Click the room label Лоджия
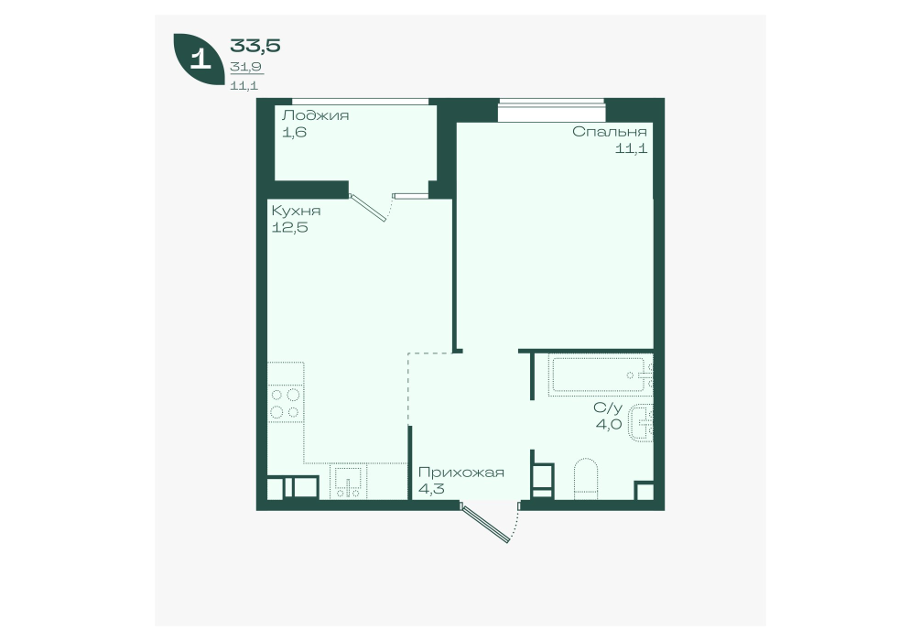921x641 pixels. pyautogui.click(x=316, y=115)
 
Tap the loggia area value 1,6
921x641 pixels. pyautogui.click(x=294, y=132)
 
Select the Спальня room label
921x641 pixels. pyautogui.click(x=610, y=132)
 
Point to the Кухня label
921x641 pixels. pyautogui.click(x=296, y=211)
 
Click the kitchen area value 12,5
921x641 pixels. pyautogui.click(x=289, y=227)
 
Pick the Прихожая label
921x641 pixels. pyautogui.click(x=461, y=473)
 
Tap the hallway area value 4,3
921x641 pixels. pyautogui.click(x=431, y=489)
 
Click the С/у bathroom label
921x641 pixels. pyautogui.click(x=607, y=407)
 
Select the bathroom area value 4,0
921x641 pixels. pyautogui.click(x=609, y=424)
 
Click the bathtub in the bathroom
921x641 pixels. pyautogui.click(x=601, y=375)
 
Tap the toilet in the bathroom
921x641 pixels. pyautogui.click(x=585, y=479)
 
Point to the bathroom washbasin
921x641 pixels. pyautogui.click(x=642, y=422)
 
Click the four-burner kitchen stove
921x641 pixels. pyautogui.click(x=286, y=403)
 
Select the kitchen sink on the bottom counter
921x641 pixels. pyautogui.click(x=348, y=483)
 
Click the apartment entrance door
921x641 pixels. pyautogui.click(x=486, y=522)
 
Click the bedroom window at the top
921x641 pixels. pyautogui.click(x=551, y=111)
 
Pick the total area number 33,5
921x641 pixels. pyautogui.click(x=255, y=45)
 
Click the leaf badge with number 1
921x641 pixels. pyautogui.click(x=199, y=60)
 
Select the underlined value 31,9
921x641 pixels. pyautogui.click(x=246, y=67)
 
